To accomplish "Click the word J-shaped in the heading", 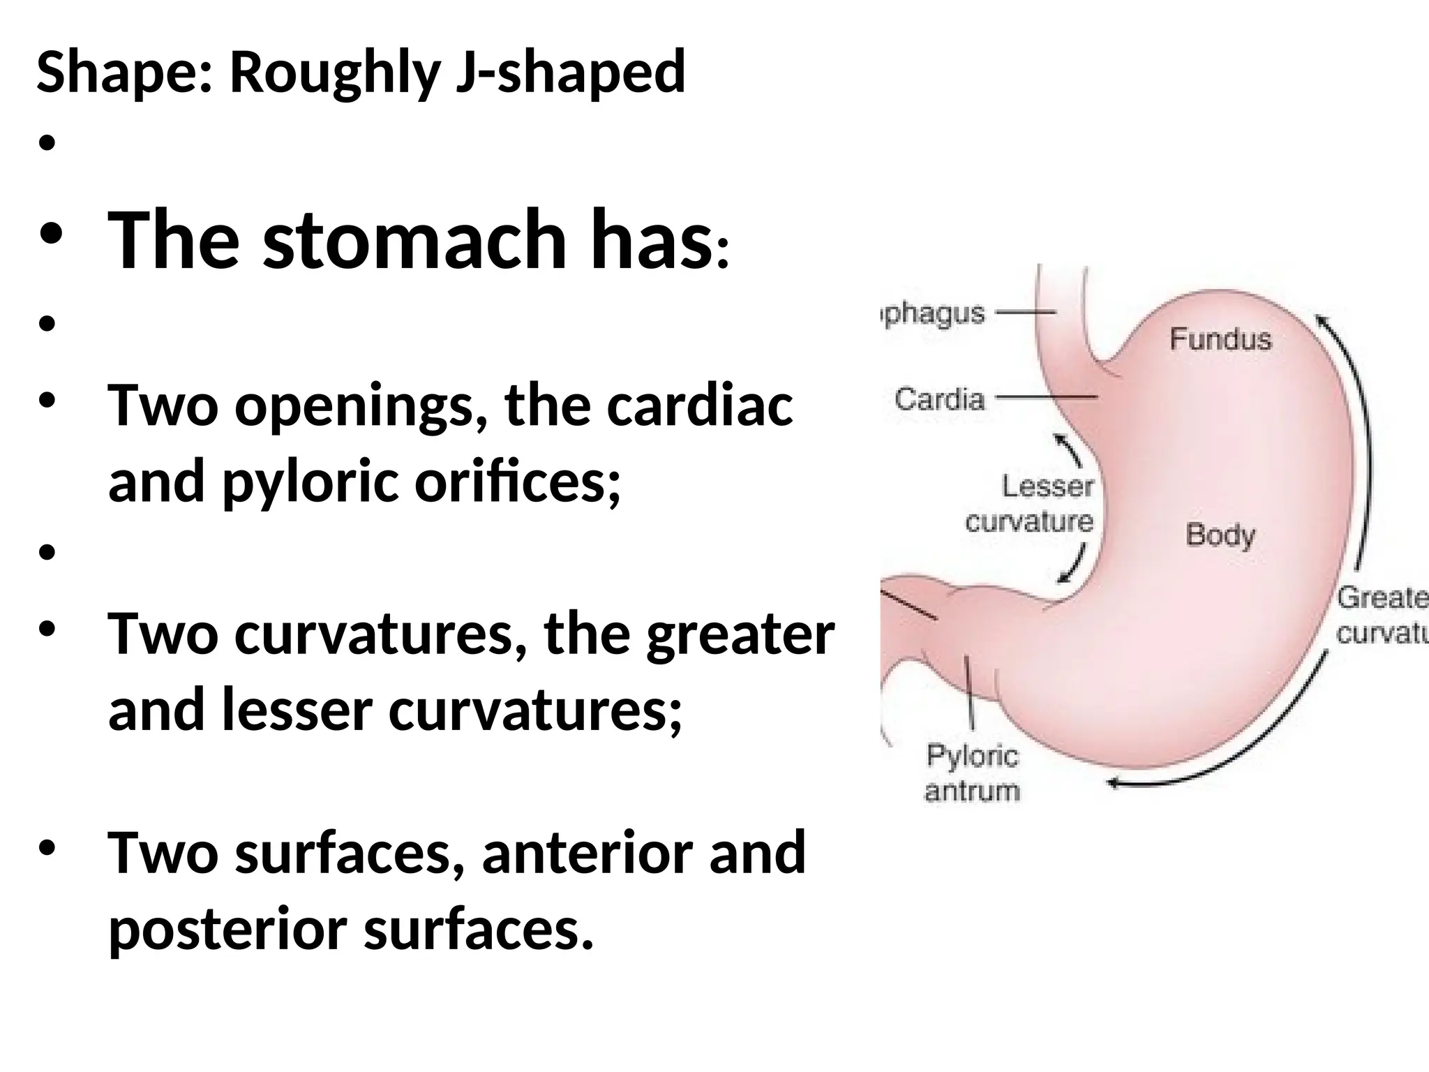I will pos(570,72).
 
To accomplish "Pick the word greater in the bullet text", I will pos(740,634).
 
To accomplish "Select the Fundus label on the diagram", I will pos(1220,340).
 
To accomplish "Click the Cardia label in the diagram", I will pos(939,400).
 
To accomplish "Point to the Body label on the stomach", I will pos(1220,535).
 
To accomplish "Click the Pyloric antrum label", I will pos(972,773).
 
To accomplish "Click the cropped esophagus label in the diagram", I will pos(934,315).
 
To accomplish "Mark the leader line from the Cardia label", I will pos(1046,398).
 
